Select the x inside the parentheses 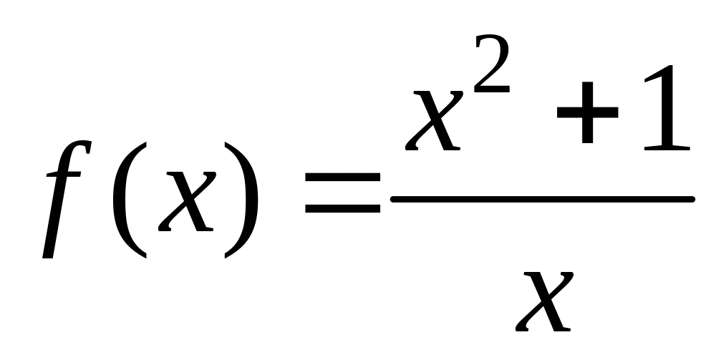[x=185, y=200]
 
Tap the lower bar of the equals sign [x=342, y=210]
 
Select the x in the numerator [x=434, y=118]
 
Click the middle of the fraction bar [x=542, y=199]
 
